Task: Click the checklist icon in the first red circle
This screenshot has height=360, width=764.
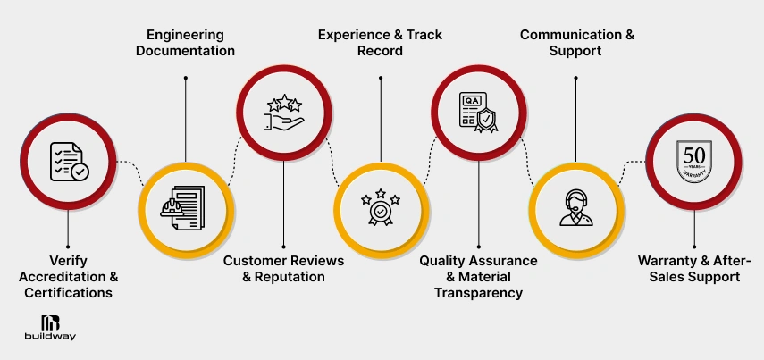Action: (x=69, y=161)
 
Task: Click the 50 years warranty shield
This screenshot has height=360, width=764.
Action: (x=694, y=161)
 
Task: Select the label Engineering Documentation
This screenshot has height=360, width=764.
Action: (x=185, y=43)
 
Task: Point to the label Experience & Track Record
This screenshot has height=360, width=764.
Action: (x=381, y=43)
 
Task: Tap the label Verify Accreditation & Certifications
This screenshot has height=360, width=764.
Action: (x=68, y=276)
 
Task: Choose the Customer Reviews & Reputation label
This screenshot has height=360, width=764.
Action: (x=283, y=268)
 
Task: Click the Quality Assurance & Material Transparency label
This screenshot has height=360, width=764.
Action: (x=479, y=276)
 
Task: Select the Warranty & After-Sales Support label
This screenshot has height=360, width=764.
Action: (x=694, y=268)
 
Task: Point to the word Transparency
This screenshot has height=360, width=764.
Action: (x=479, y=293)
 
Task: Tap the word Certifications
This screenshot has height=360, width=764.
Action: (x=68, y=293)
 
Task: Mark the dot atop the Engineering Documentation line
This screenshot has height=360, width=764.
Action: (x=185, y=78)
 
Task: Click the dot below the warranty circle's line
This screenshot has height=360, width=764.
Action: (x=694, y=246)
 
